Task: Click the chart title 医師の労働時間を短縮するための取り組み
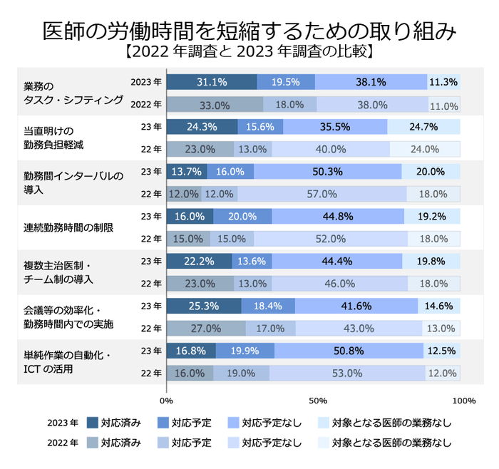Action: [249, 30]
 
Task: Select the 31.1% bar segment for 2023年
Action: [212, 82]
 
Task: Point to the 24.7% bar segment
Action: [423, 127]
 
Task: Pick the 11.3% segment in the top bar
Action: [443, 82]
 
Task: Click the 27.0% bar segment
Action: [206, 329]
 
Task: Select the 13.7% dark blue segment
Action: [187, 172]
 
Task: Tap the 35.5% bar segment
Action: [335, 127]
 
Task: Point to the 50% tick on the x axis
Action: [317, 400]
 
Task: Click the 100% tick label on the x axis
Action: [463, 400]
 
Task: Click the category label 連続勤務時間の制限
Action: [64, 227]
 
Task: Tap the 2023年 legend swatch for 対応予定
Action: [163, 423]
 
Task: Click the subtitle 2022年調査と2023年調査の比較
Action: [249, 52]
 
